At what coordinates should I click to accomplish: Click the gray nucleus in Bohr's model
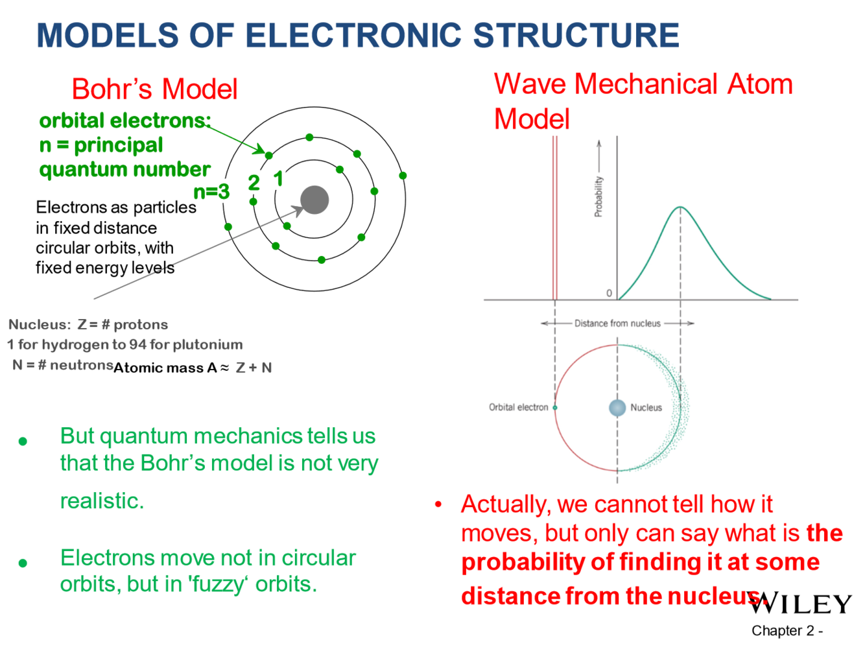click(314, 200)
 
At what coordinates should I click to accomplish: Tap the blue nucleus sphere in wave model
click(617, 407)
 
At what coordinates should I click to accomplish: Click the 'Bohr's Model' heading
click(154, 89)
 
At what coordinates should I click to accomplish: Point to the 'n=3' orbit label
click(211, 191)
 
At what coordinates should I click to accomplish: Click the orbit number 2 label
click(254, 183)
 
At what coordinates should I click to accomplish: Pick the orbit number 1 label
click(278, 178)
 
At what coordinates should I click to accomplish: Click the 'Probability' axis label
click(598, 196)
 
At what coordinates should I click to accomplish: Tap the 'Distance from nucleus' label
click(617, 323)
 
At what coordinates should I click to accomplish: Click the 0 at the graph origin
click(609, 293)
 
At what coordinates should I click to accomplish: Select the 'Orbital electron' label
click(519, 407)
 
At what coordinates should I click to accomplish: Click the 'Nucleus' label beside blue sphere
click(646, 407)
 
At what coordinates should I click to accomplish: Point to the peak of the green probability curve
click(680, 207)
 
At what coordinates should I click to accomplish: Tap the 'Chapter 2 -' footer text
click(787, 630)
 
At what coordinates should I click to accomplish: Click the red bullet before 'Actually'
click(438, 504)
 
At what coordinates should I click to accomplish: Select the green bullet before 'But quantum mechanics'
click(23, 442)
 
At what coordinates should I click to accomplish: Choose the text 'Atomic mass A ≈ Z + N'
click(193, 368)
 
